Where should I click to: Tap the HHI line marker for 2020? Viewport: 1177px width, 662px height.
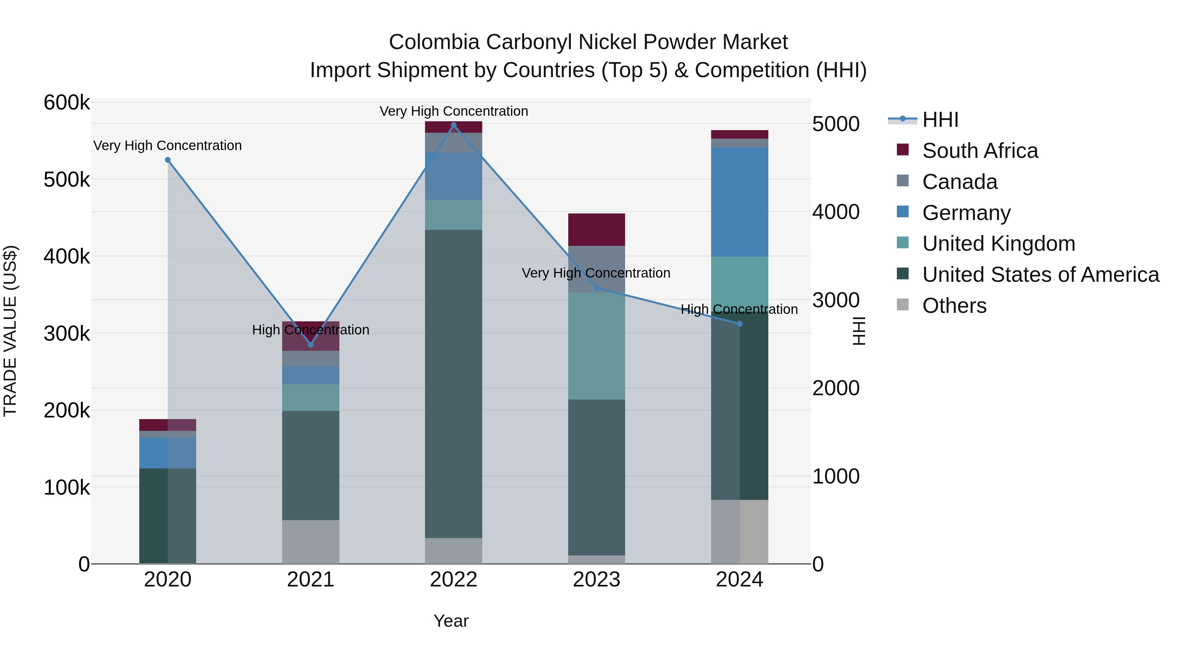point(168,160)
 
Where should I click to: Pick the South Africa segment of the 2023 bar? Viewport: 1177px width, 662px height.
point(596,230)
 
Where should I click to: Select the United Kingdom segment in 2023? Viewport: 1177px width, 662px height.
point(596,346)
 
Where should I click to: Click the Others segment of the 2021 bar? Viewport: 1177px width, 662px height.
point(310,542)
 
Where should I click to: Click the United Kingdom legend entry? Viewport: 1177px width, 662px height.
point(998,244)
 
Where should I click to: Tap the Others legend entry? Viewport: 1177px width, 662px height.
point(954,306)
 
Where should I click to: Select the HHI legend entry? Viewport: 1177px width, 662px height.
point(940,120)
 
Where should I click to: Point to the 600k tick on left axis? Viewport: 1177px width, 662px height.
point(67,102)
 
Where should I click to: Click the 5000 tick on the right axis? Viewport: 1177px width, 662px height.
point(836,124)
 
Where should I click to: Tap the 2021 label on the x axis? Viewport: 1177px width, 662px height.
point(310,580)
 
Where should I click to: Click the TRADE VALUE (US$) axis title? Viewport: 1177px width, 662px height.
point(10,331)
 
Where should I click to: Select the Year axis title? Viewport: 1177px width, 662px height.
point(451,621)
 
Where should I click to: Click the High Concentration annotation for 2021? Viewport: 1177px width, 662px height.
point(310,330)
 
